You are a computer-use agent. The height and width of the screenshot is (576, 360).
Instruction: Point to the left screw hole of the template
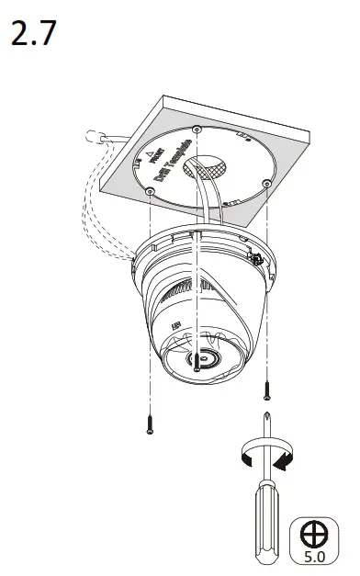(x=150, y=191)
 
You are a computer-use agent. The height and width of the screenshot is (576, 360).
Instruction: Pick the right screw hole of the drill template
(x=265, y=184)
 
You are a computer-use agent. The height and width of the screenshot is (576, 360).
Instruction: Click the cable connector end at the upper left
(x=92, y=138)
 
